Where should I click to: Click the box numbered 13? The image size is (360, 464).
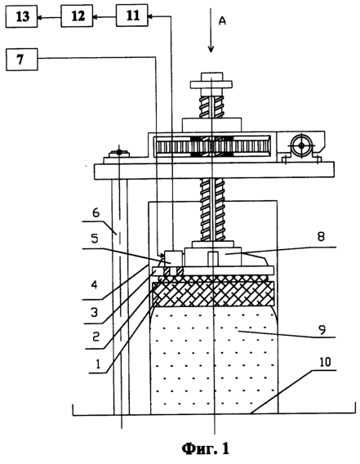[x=21, y=16]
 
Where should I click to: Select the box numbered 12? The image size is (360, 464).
[x=77, y=16]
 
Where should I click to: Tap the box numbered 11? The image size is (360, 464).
[x=132, y=16]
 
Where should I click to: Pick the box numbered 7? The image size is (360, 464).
[x=22, y=60]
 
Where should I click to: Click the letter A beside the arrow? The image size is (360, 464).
[x=222, y=20]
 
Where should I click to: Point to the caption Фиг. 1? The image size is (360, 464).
[x=205, y=448]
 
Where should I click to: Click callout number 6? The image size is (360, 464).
[x=96, y=212]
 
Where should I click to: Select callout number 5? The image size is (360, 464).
[x=95, y=239]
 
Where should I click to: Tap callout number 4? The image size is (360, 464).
[x=94, y=286]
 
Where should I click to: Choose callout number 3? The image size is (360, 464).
[x=94, y=312]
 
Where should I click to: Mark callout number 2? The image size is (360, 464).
[x=96, y=337]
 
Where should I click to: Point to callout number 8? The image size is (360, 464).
[x=321, y=236]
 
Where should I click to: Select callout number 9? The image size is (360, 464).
[x=322, y=329]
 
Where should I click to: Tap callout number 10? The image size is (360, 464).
[x=325, y=362]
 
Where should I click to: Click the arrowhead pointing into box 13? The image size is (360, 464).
[x=41, y=17]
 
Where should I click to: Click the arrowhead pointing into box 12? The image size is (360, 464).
[x=96, y=17]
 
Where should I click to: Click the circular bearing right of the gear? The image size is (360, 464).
[x=301, y=145]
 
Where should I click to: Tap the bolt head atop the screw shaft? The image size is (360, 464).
[x=211, y=76]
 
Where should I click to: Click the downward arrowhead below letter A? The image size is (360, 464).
[x=211, y=48]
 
